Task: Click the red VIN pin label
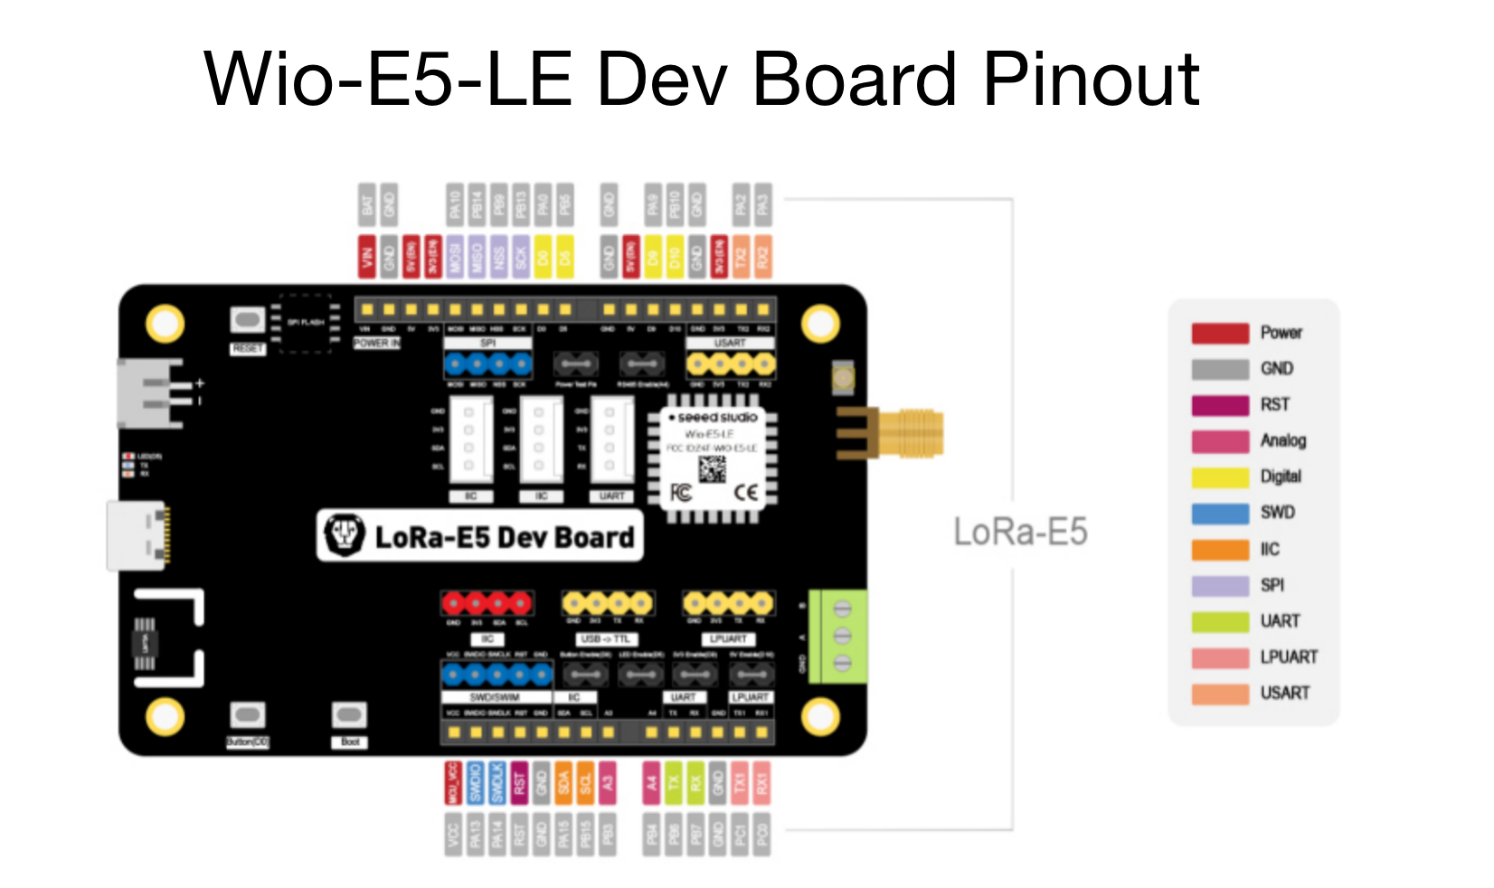(x=366, y=257)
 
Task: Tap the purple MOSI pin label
(x=455, y=257)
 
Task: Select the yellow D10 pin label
(x=675, y=257)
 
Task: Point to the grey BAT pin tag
(x=366, y=204)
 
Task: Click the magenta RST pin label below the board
(x=519, y=783)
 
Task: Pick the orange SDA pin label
(x=563, y=783)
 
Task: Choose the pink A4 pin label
(x=651, y=783)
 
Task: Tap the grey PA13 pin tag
(x=476, y=834)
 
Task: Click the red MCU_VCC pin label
(x=453, y=783)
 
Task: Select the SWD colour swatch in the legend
(x=1219, y=513)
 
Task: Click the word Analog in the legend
(x=1282, y=440)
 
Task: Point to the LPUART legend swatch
(x=1219, y=657)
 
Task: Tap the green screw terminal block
(x=838, y=636)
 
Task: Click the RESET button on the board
(x=247, y=320)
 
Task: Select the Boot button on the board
(x=349, y=716)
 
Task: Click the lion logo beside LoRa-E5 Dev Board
(x=344, y=535)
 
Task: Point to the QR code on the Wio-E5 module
(x=712, y=469)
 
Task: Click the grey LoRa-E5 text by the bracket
(x=1020, y=532)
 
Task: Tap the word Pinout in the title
(x=1091, y=80)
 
